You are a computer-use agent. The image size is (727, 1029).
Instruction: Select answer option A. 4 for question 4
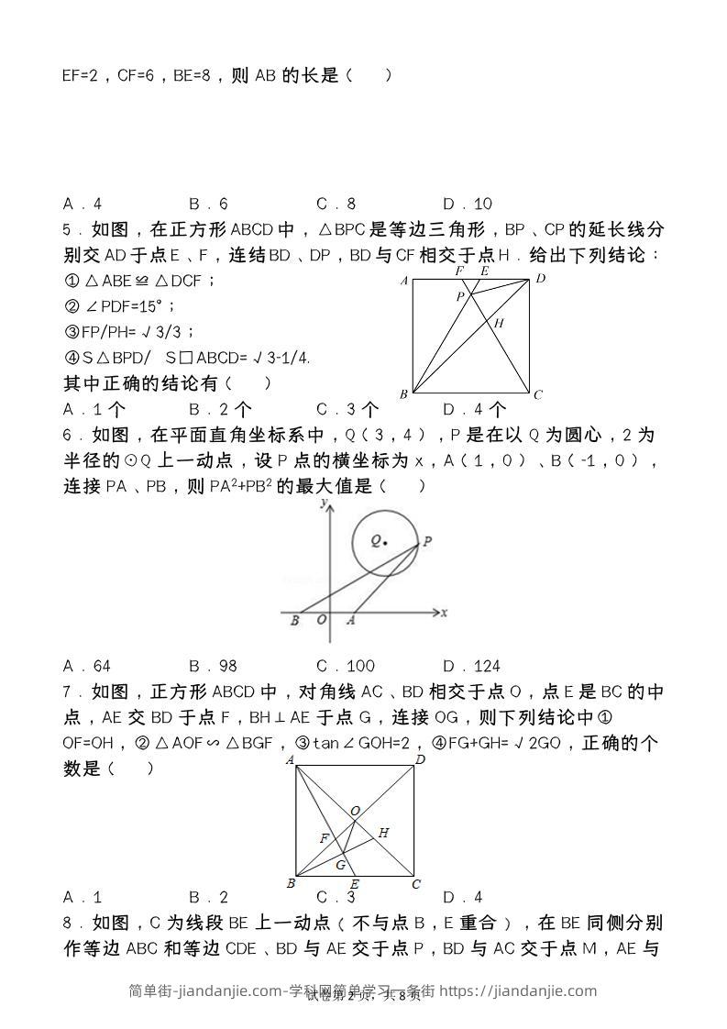pyautogui.click(x=83, y=204)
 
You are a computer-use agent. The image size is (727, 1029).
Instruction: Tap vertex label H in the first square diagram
pyautogui.click(x=500, y=323)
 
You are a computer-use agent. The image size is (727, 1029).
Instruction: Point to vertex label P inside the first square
pyautogui.click(x=461, y=296)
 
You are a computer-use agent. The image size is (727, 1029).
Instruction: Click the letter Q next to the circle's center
pyautogui.click(x=376, y=541)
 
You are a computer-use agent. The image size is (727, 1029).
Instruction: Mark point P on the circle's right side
pyautogui.click(x=426, y=542)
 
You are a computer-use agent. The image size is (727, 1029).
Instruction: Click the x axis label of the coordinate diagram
pyautogui.click(x=444, y=612)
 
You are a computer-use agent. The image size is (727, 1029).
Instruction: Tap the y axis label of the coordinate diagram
pyautogui.click(x=322, y=503)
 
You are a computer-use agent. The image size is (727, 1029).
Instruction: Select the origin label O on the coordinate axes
pyautogui.click(x=321, y=621)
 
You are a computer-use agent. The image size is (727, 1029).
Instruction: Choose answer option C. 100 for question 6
pyautogui.click(x=345, y=666)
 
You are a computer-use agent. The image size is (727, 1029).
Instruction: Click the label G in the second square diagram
pyautogui.click(x=340, y=865)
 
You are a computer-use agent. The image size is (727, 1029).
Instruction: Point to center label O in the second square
pyautogui.click(x=355, y=811)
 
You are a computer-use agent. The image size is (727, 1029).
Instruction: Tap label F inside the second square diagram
pyautogui.click(x=323, y=838)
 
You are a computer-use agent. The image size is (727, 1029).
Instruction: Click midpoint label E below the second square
pyautogui.click(x=354, y=884)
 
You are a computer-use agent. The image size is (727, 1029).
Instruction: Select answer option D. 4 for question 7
pyautogui.click(x=462, y=897)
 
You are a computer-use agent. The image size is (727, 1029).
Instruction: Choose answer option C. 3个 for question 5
pyautogui.click(x=347, y=410)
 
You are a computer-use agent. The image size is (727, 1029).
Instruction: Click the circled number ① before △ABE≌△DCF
pyautogui.click(x=70, y=282)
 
